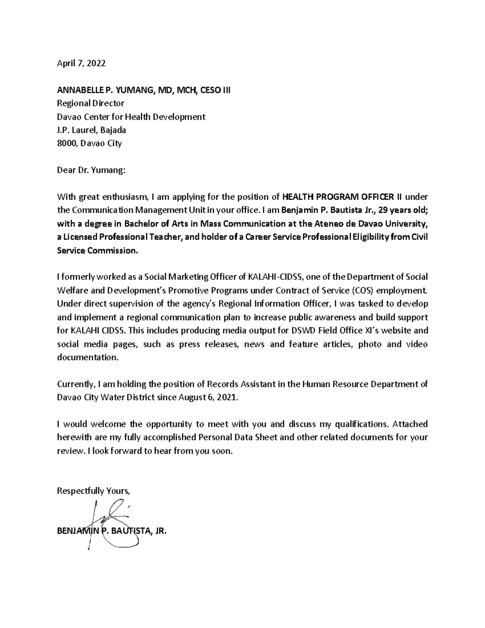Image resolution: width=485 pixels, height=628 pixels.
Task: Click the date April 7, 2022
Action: tap(81, 63)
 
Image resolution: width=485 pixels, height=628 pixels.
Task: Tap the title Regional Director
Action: tap(91, 104)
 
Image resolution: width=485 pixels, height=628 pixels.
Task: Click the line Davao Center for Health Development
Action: tap(131, 117)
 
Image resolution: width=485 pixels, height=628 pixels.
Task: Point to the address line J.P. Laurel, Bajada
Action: tap(91, 130)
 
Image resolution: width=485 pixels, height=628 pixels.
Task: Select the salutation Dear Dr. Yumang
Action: tap(91, 170)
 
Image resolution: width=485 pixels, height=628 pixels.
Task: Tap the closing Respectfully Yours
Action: tap(94, 491)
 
